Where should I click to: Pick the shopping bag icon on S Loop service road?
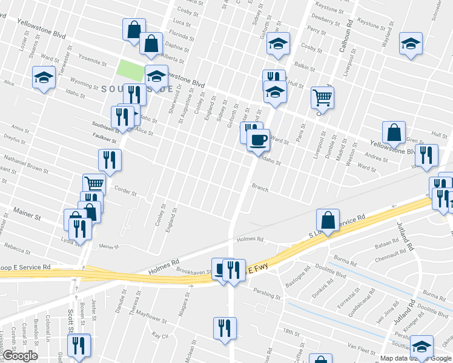(x=328, y=221)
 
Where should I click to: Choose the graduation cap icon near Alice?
(x=44, y=78)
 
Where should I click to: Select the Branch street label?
(x=260, y=189)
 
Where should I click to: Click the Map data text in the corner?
(x=394, y=358)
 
